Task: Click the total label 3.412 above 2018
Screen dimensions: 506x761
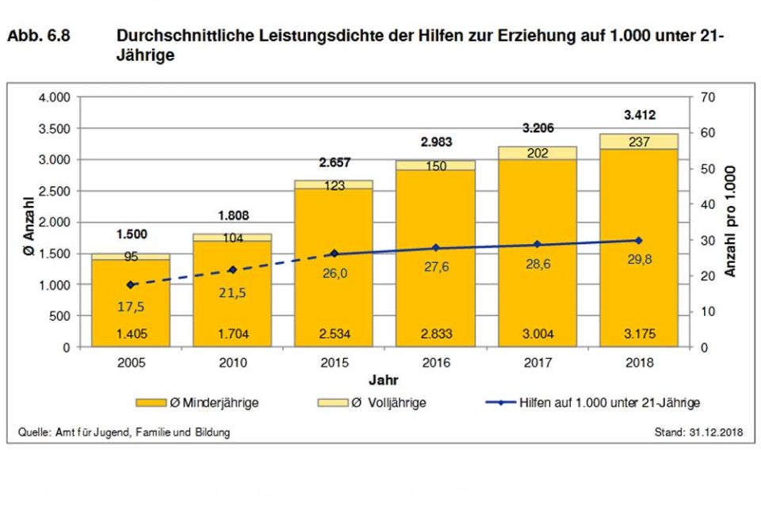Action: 639,116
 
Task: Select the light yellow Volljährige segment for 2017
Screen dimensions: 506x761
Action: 537,153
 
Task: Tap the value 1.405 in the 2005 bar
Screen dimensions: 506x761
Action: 131,333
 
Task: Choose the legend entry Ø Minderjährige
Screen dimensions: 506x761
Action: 208,403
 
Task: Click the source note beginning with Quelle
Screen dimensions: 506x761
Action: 124,432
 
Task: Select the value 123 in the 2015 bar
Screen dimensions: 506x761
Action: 334,185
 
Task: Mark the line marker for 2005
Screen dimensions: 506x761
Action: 131,284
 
